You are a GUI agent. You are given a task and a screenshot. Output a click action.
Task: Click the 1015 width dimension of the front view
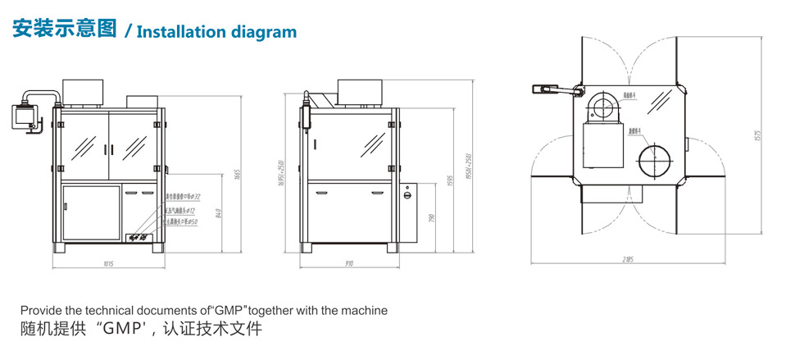[x=109, y=264]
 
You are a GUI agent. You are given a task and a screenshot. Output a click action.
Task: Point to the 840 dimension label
[x=215, y=215]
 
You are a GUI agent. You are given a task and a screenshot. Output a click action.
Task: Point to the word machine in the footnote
[x=366, y=311]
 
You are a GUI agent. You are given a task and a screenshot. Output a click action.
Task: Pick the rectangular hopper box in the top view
[x=603, y=144]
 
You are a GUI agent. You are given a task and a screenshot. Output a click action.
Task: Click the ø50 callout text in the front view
[x=179, y=221]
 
